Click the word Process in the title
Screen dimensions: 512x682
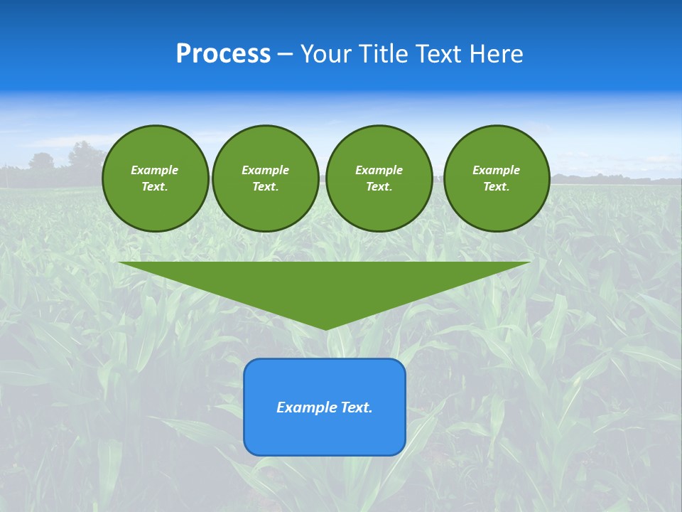(223, 54)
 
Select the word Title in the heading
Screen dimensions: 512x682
(384, 54)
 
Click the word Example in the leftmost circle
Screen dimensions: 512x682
(155, 170)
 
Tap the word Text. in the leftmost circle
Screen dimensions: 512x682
(155, 187)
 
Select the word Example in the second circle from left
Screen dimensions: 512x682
(265, 170)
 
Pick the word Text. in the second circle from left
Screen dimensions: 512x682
(265, 187)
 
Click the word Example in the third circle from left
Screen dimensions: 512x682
(379, 170)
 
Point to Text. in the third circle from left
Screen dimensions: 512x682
(379, 187)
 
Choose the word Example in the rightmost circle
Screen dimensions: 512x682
(496, 170)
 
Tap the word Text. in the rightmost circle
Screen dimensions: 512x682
(496, 187)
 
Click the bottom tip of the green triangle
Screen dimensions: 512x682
(325, 329)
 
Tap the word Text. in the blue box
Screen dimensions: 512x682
(357, 407)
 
